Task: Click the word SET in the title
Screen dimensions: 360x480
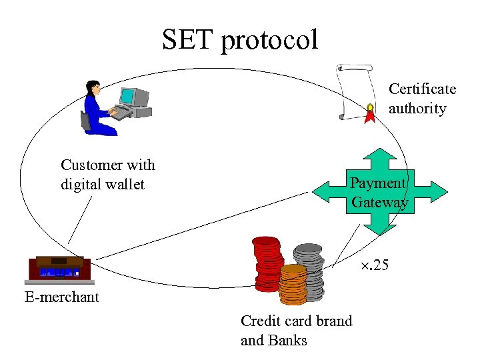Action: (187, 40)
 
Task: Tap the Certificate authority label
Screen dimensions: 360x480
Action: (422, 99)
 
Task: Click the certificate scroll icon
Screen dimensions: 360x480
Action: (355, 91)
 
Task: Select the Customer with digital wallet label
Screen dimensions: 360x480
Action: (107, 175)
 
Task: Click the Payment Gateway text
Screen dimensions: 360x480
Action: (379, 193)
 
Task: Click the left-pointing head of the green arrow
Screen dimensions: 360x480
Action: (323, 192)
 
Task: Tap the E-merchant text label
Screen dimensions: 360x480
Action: (61, 297)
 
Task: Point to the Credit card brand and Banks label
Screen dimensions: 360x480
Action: (296, 331)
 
